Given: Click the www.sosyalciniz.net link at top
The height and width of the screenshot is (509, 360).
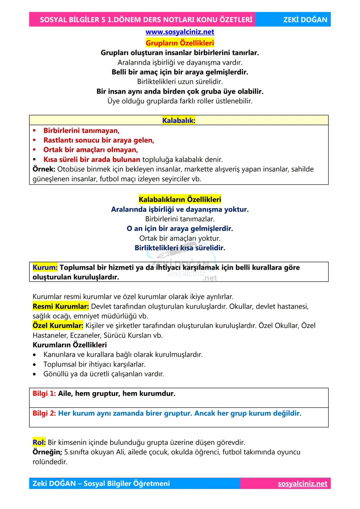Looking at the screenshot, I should [x=180, y=32].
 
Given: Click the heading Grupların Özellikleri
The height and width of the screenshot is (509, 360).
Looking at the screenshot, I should [x=180, y=43].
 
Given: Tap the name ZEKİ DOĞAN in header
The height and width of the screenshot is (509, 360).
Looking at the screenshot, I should [x=305, y=20].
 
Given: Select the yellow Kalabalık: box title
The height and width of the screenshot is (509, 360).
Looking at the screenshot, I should [x=179, y=120].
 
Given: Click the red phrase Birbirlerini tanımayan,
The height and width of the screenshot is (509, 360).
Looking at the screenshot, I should [x=81, y=131].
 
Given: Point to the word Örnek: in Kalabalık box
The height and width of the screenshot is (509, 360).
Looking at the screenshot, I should [x=44, y=169].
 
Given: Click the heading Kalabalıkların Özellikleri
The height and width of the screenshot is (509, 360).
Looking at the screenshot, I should [x=180, y=199].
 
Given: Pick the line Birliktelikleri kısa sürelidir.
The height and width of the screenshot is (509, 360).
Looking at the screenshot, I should [x=180, y=248].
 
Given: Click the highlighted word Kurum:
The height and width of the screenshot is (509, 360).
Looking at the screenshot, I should [x=45, y=267].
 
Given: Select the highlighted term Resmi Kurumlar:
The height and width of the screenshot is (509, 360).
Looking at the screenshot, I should [x=61, y=306].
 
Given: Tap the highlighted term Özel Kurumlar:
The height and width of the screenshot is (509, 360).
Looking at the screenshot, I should [x=58, y=326].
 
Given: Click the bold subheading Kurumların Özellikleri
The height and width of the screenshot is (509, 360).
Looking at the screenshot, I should [x=70, y=345].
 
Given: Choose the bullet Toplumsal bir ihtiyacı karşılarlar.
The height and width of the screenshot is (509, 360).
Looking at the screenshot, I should [x=94, y=364].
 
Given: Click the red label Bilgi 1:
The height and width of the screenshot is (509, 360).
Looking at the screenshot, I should [x=44, y=394].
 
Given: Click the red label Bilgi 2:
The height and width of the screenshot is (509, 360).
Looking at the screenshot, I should [x=44, y=413].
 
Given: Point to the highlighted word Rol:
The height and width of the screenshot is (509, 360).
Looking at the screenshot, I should [x=39, y=442].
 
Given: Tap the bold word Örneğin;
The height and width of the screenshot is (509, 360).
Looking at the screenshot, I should [x=47, y=452].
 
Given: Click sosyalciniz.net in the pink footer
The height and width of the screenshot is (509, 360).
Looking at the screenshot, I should [x=302, y=484].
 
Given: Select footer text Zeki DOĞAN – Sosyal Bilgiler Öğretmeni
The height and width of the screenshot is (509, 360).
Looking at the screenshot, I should [x=101, y=484].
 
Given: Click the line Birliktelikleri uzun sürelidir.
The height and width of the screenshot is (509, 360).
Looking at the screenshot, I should [x=180, y=82].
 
